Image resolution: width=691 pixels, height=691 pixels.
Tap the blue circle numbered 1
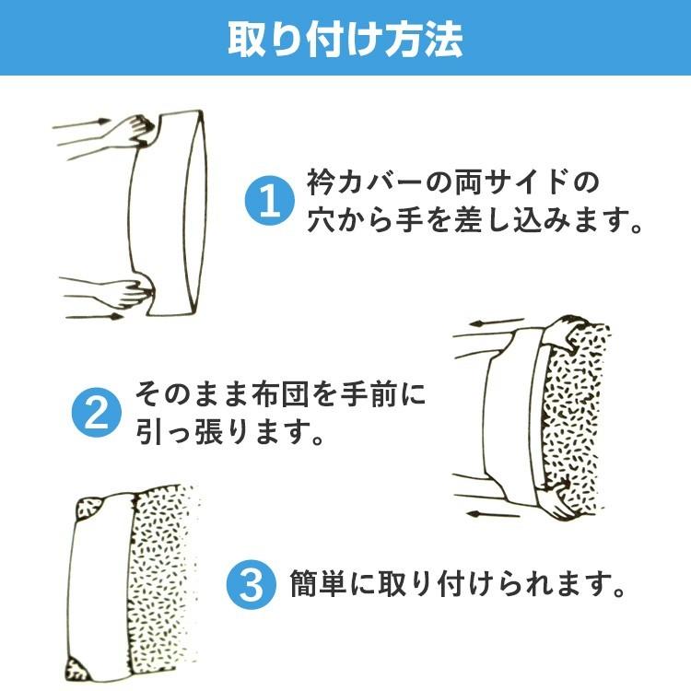270,201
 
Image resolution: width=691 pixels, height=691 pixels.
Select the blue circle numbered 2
97,412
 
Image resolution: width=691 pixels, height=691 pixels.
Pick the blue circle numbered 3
252,585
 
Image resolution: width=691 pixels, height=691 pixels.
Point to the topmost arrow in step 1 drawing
82,123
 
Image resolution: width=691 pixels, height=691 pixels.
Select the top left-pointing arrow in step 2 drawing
496,322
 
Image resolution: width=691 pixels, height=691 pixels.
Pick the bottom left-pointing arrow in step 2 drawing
494,513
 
